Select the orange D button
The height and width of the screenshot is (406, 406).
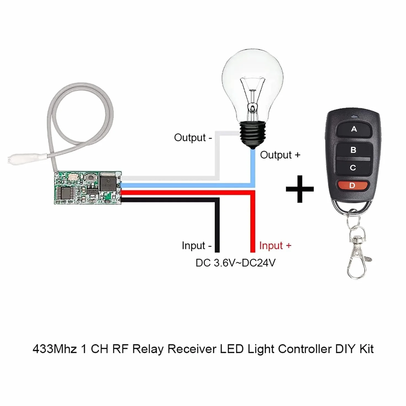[352, 185]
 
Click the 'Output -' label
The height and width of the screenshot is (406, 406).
[193, 138]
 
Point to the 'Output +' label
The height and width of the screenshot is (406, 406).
[280, 155]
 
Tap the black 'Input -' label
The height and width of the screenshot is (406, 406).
[197, 246]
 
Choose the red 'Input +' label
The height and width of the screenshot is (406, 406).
[275, 246]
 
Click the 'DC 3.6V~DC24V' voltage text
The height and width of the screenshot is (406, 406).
[235, 263]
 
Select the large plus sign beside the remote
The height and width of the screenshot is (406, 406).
[300, 189]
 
